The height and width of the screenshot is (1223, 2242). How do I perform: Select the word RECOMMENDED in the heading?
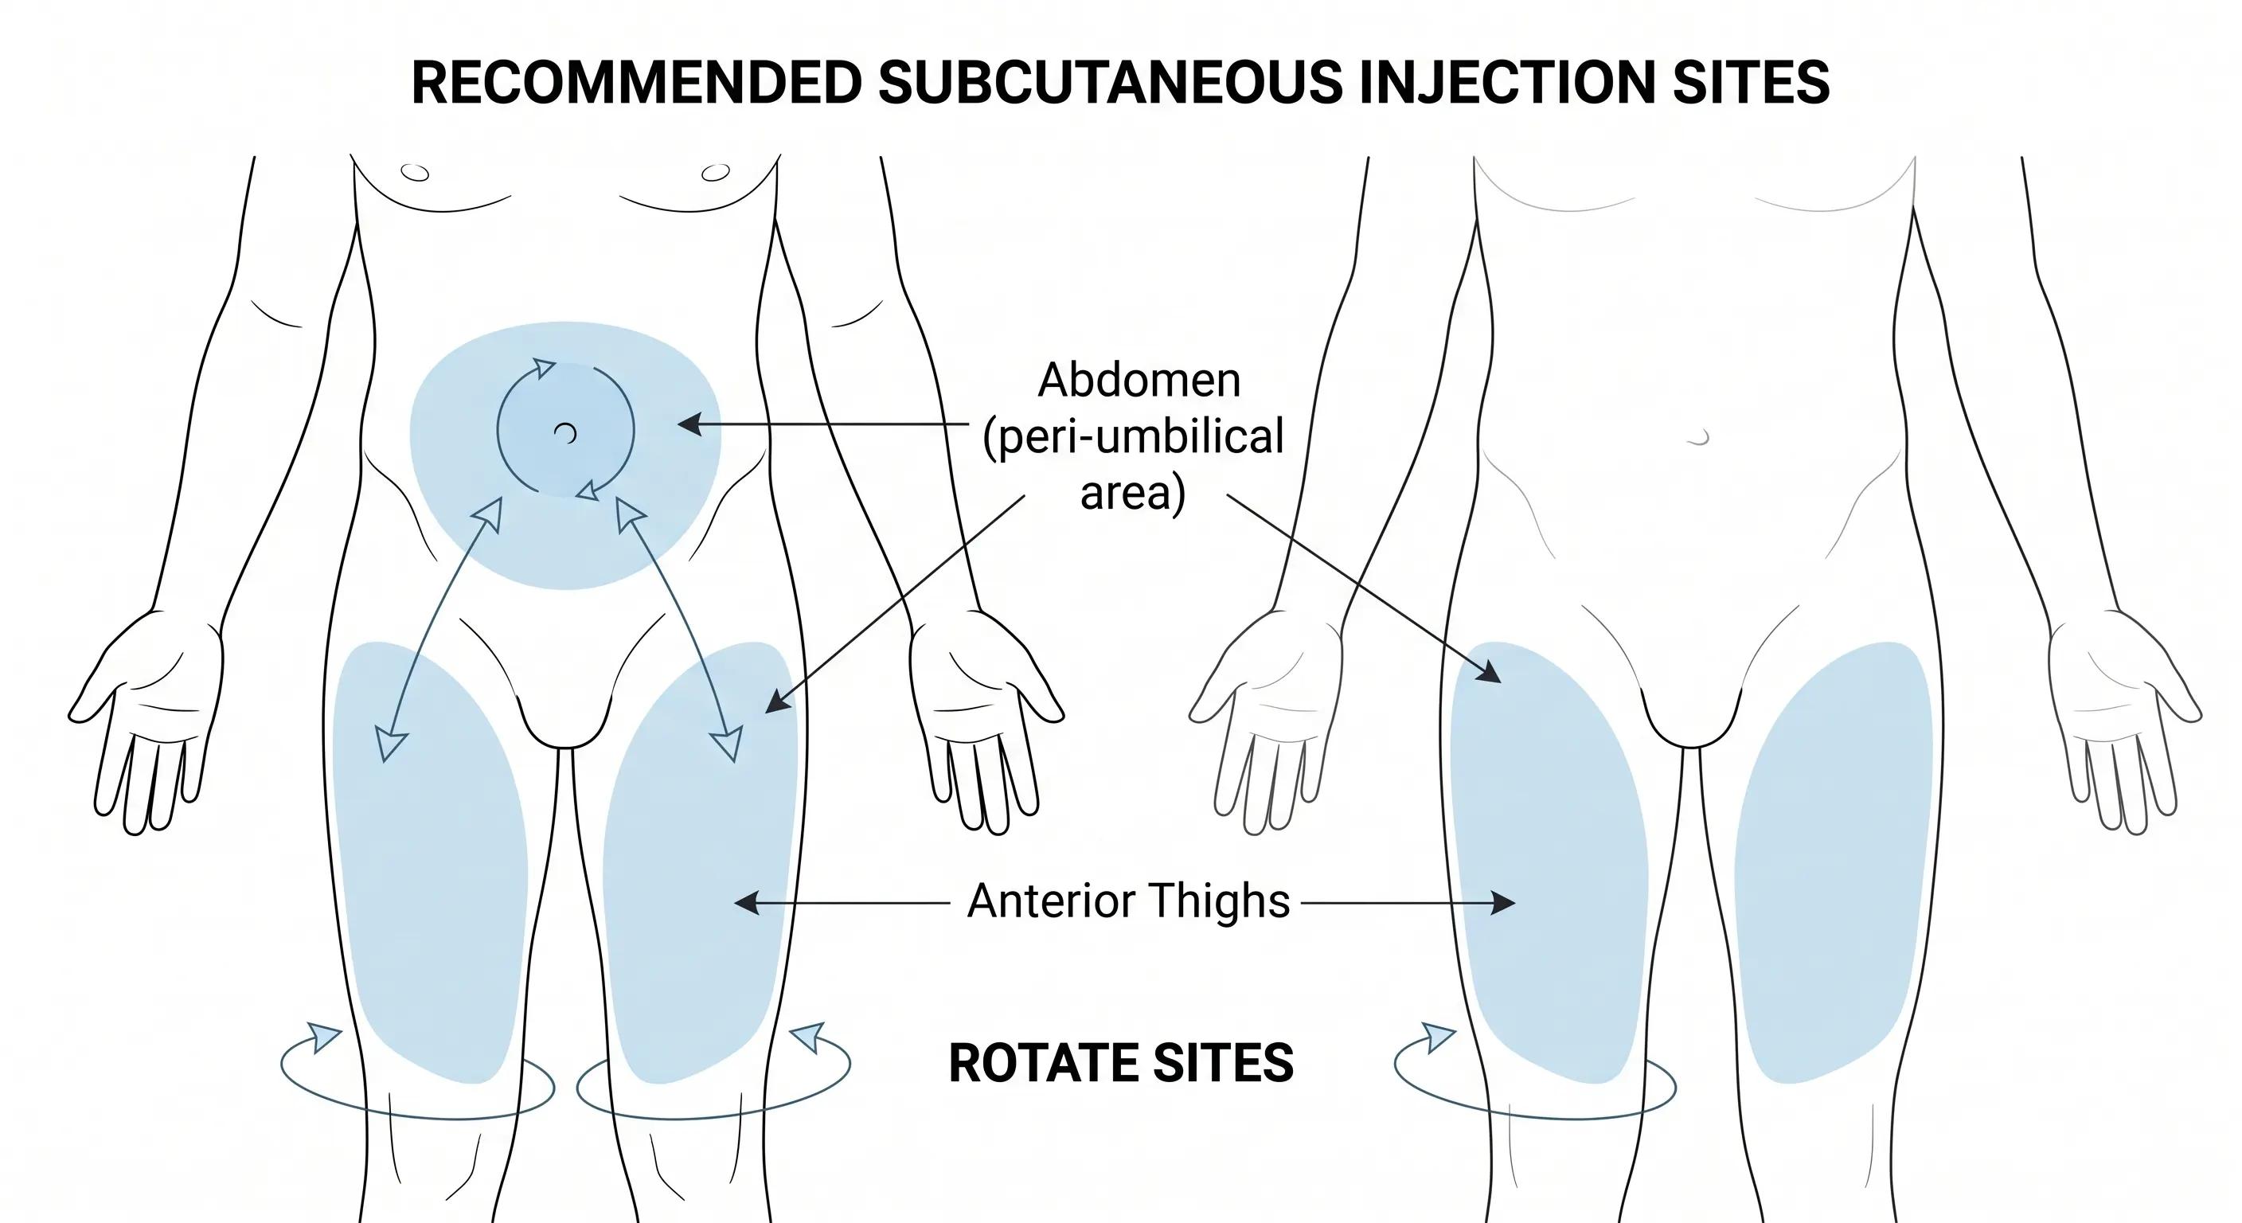636,84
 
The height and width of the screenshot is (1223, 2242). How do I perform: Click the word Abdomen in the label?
1139,381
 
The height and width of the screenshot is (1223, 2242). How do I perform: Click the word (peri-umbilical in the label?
1133,436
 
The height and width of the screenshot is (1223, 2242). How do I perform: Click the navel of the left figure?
566,432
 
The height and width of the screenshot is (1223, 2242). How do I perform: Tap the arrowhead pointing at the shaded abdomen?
689,425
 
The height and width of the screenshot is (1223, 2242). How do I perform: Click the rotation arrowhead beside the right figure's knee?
1439,1037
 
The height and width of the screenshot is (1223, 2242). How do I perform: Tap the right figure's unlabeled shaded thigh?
1833,862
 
